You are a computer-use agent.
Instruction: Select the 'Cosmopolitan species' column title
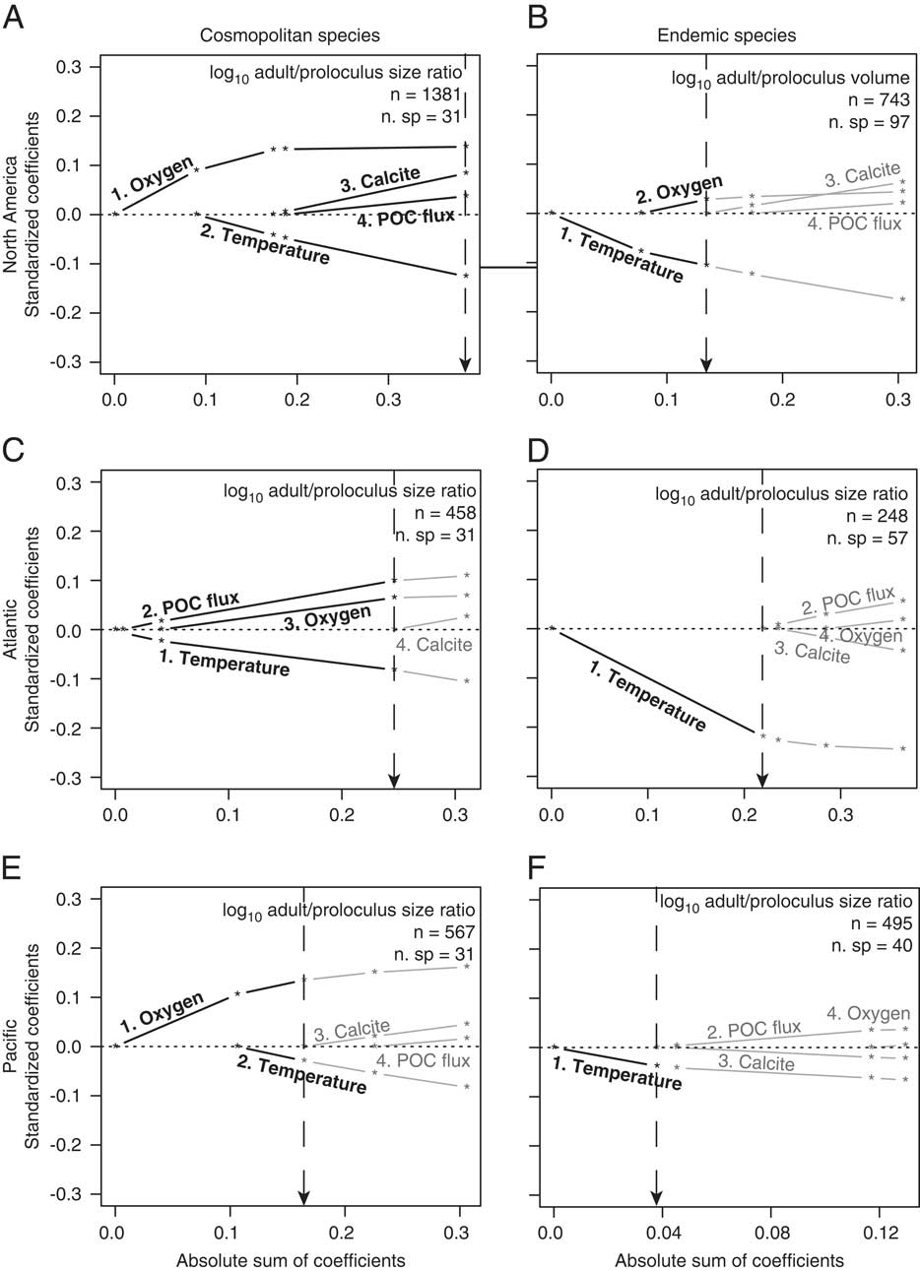tap(276, 35)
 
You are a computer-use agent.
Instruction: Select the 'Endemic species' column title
tap(726, 35)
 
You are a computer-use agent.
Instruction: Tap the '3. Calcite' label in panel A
tap(380, 180)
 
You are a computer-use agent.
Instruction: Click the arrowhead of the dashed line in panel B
tap(706, 365)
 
